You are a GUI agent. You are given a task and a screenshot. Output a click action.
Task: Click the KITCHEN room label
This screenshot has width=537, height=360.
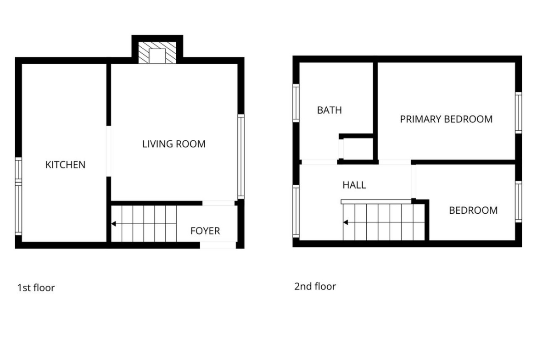pyautogui.click(x=66, y=165)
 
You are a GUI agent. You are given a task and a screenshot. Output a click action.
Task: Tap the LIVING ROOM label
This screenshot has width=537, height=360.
pyautogui.click(x=174, y=144)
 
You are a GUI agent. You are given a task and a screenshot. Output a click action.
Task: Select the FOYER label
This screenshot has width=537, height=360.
pyautogui.click(x=205, y=231)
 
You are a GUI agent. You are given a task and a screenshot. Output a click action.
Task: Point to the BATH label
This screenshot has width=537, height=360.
pyautogui.click(x=330, y=110)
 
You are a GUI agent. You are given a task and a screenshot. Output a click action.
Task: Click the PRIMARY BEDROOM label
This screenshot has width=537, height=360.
pyautogui.click(x=446, y=119)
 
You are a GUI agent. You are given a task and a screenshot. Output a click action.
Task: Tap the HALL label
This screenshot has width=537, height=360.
pyautogui.click(x=354, y=185)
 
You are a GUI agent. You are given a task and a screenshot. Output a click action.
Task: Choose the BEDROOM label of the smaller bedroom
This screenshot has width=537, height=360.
pyautogui.click(x=473, y=210)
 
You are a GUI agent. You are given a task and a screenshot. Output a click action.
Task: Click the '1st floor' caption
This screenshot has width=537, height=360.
pyautogui.click(x=36, y=288)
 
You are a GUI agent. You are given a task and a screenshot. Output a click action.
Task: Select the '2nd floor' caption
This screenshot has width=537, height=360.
pyautogui.click(x=315, y=287)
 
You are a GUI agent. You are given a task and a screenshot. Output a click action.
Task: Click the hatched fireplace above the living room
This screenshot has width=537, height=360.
pyautogui.click(x=157, y=52)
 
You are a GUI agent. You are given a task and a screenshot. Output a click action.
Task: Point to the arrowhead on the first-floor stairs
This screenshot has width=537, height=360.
pyautogui.click(x=114, y=224)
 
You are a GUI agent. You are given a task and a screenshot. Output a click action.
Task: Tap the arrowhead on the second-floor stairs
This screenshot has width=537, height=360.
pyautogui.click(x=346, y=222)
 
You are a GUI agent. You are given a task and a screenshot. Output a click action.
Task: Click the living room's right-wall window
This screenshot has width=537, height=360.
pyautogui.click(x=241, y=156)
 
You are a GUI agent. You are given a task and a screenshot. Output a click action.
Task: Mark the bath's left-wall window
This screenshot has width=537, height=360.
pyautogui.click(x=296, y=103)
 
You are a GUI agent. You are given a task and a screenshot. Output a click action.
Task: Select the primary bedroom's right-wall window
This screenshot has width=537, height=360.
pyautogui.click(x=519, y=112)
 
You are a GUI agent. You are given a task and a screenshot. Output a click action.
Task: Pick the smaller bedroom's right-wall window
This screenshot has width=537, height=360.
pyautogui.click(x=519, y=202)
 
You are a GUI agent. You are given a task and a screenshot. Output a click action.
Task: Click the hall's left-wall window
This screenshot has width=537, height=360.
pyautogui.click(x=296, y=211)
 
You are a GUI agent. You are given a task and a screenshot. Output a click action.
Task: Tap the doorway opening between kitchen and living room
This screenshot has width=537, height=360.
pyautogui.click(x=109, y=151)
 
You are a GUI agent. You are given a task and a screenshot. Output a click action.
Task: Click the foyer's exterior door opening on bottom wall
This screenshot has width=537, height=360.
pyautogui.click(x=218, y=245)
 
